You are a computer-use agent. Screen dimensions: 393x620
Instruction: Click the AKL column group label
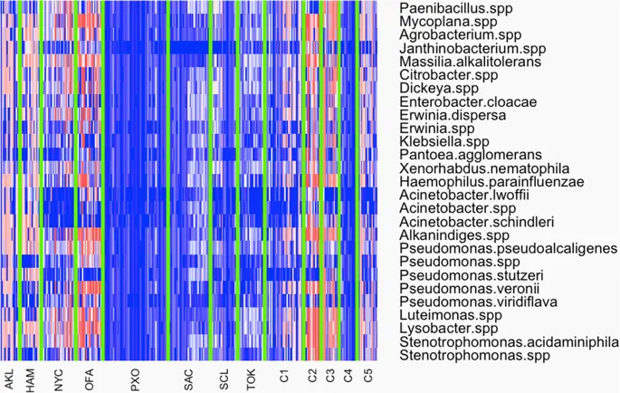pyautogui.click(x=9, y=381)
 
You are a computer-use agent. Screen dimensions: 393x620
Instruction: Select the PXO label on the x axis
pyautogui.click(x=136, y=381)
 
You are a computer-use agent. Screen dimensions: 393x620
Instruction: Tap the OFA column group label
pyautogui.click(x=89, y=381)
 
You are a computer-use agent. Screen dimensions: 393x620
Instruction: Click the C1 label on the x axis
pyautogui.click(x=283, y=376)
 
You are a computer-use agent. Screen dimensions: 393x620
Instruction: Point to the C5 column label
pyautogui.click(x=367, y=376)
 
